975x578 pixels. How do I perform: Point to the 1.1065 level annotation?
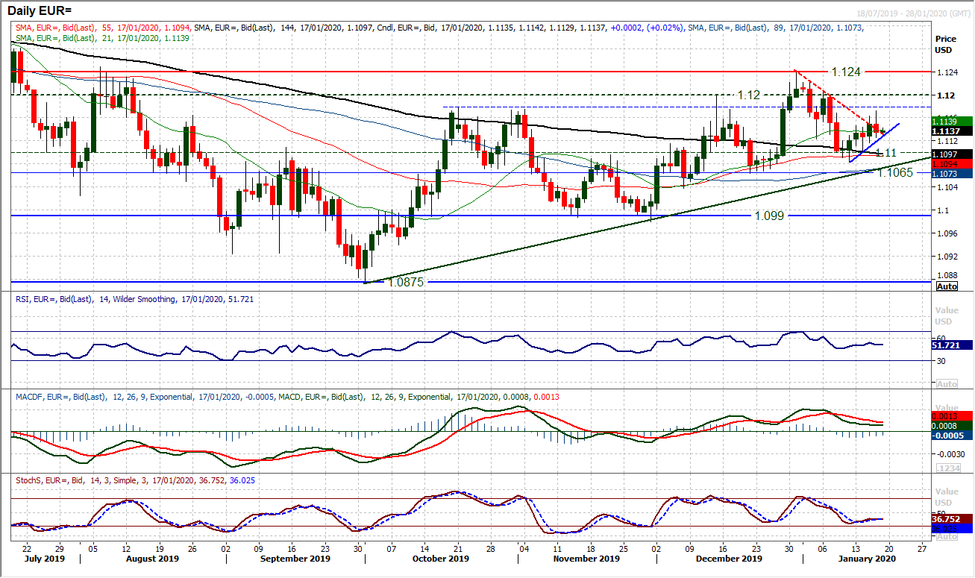pyautogui.click(x=895, y=172)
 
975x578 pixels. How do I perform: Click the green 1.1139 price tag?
pyautogui.click(x=950, y=121)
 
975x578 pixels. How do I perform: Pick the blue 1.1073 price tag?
pyautogui.click(x=950, y=173)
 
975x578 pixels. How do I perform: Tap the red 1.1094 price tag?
pyautogui.click(x=950, y=163)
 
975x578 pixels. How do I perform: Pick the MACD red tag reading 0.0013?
pyautogui.click(x=950, y=416)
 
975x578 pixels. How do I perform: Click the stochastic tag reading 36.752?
pyautogui.click(x=950, y=518)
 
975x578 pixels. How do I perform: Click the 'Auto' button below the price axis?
pyautogui.click(x=947, y=286)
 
